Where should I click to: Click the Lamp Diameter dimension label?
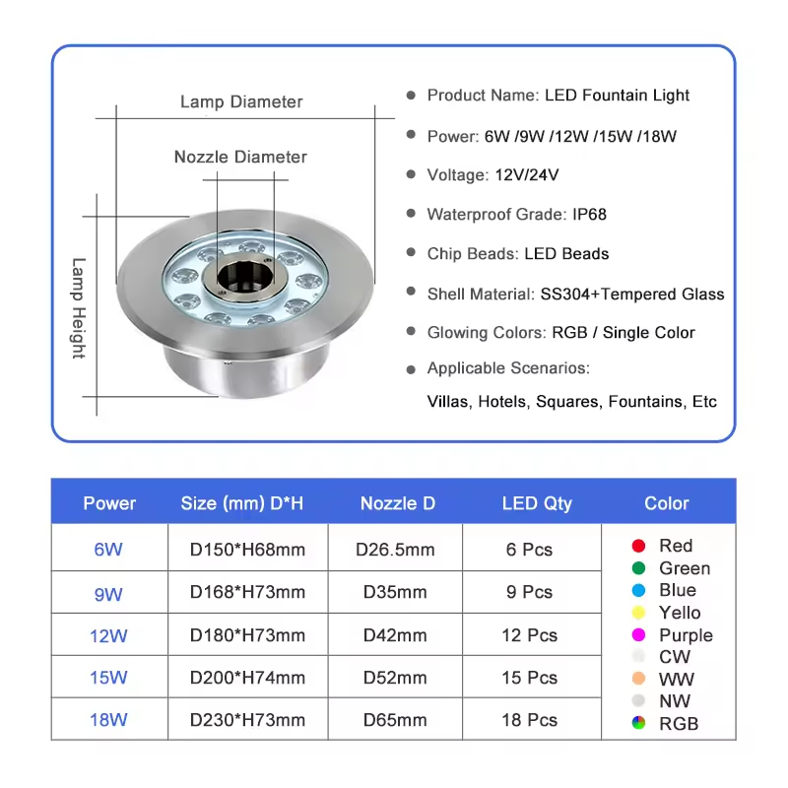tap(241, 101)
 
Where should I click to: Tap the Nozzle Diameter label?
tap(240, 157)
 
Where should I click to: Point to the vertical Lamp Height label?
tap(79, 308)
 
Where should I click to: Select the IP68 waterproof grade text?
tap(589, 214)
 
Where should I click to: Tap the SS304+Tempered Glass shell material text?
tap(631, 294)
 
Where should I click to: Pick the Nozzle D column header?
tap(397, 503)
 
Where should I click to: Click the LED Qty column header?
tap(537, 503)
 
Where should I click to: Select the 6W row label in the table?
tap(108, 550)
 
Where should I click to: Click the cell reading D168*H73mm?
tap(247, 592)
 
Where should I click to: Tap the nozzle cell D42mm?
tap(395, 635)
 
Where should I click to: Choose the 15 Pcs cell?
tap(529, 678)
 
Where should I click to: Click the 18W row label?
tap(108, 720)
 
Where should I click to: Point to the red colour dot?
tap(638, 546)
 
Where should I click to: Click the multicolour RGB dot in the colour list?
tap(638, 723)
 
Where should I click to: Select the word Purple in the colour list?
tap(686, 635)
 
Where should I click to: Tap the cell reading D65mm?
tap(395, 720)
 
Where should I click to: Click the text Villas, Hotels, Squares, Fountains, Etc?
tap(571, 402)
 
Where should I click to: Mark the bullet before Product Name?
tap(411, 95)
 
